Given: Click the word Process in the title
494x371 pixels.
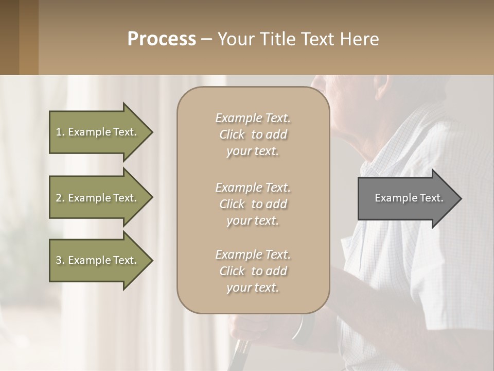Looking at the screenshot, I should coord(162,39).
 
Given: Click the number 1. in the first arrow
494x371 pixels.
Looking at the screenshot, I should coord(60,132).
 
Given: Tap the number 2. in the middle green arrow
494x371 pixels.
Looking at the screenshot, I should coord(60,198).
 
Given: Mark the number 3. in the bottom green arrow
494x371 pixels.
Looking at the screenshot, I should coord(60,260).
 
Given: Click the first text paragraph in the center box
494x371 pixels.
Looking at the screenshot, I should coord(253,134).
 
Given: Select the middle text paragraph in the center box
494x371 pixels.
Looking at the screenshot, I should coord(253,204).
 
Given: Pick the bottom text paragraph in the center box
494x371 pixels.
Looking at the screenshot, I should coord(253,271).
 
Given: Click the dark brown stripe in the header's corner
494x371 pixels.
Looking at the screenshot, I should coord(9,37).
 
